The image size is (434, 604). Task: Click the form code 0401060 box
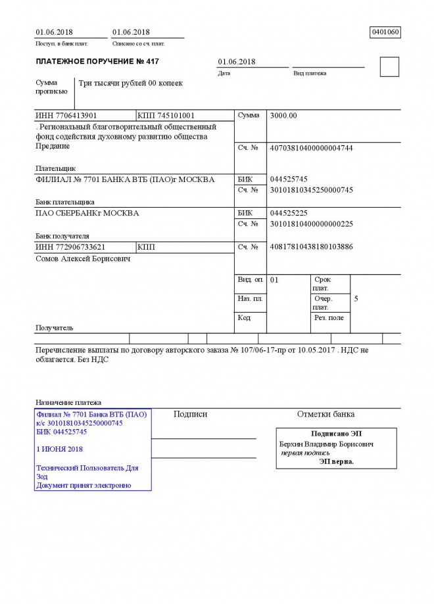pos(385,32)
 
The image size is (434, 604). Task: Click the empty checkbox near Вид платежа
pos(389,67)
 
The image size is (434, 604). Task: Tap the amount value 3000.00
pos(283,116)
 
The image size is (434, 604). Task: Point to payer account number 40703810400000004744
pos(312,148)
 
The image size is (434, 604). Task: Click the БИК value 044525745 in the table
pos(289,179)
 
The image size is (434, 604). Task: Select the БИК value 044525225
pos(289,213)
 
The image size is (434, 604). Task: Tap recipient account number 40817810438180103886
pos(312,247)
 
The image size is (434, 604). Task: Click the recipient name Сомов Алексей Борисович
pos(82,259)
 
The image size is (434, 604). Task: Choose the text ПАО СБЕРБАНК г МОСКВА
pos(87,213)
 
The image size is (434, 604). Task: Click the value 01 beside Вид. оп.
pos(275,280)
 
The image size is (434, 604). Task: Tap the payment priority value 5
pos(356,299)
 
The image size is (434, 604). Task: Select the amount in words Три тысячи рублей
pos(130,83)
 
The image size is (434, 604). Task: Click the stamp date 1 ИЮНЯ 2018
pos(59,449)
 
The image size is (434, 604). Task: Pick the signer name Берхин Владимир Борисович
pos(327,444)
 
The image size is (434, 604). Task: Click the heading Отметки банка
pos(325,414)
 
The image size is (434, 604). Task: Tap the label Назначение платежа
pos(68,402)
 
